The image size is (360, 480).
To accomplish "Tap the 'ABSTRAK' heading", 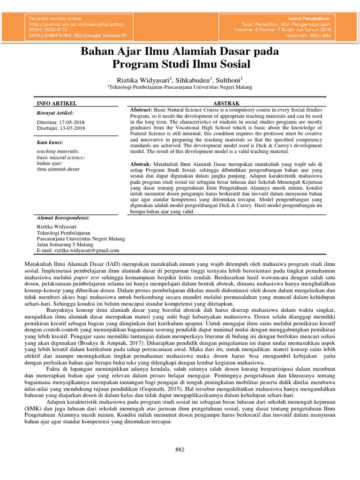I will (x=226, y=103).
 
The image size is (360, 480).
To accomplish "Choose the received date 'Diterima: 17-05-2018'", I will (x=61, y=121).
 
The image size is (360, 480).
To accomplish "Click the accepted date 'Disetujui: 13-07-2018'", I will (x=61, y=127).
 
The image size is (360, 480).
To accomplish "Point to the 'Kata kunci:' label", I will (x=50, y=142).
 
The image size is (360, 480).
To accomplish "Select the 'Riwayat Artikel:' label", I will (x=55, y=113).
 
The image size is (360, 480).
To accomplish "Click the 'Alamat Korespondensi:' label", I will (x=63, y=218).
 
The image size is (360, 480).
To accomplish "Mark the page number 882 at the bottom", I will (x=180, y=450).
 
